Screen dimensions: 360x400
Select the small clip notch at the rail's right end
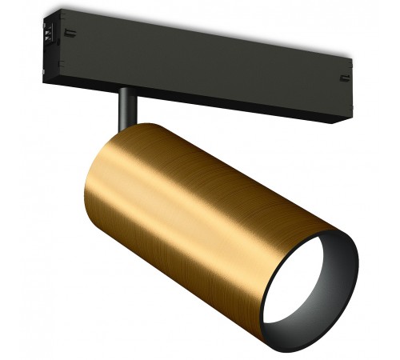click(345, 78)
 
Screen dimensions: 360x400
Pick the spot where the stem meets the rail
click(126, 90)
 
